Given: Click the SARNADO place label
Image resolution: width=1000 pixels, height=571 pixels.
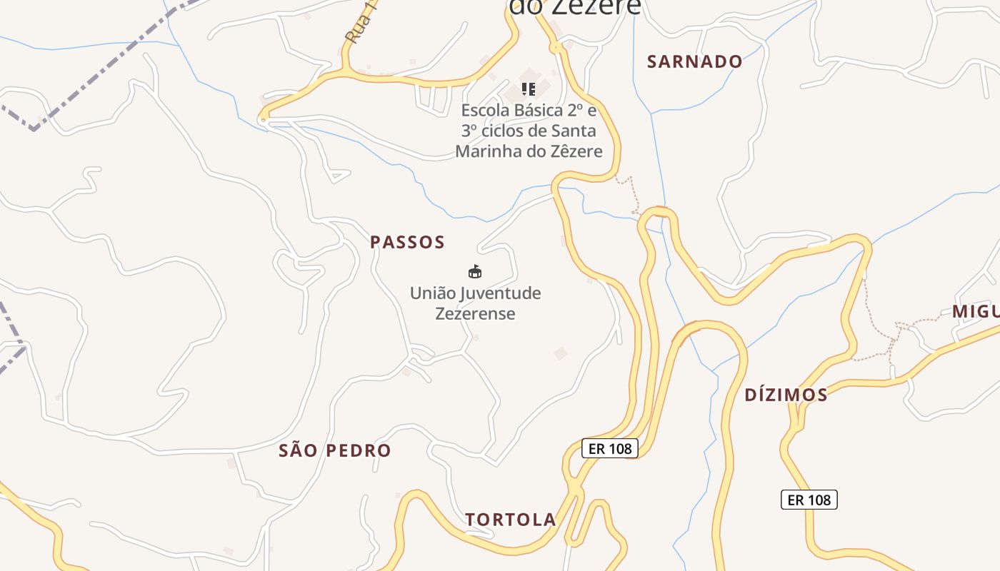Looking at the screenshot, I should coord(694,62).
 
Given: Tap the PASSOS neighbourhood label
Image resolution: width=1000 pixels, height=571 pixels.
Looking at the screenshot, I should coord(407,243).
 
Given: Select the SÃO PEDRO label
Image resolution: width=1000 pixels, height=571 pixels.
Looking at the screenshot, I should coord(335,451).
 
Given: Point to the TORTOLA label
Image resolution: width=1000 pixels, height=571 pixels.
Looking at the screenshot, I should coord(511,520).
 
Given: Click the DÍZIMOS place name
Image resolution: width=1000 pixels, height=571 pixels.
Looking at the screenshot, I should coord(786,395).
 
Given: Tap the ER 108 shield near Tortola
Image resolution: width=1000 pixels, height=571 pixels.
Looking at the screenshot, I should coord(609,448).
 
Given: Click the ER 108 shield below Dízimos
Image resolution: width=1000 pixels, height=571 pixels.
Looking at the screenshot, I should coord(809,500).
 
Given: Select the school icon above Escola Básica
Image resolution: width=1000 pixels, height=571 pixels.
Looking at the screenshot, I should coord(529,89).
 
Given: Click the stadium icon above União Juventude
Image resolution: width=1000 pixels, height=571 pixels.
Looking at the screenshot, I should coord(475,271).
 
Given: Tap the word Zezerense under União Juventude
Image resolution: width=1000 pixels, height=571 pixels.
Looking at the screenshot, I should coord(475,314).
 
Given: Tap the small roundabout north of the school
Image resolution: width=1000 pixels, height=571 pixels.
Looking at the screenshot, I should coord(556,48).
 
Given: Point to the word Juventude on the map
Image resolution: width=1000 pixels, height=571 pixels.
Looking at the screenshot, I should coord(500,293).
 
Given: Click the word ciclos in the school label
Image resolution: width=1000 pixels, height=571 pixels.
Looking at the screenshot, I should coord(504,131).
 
